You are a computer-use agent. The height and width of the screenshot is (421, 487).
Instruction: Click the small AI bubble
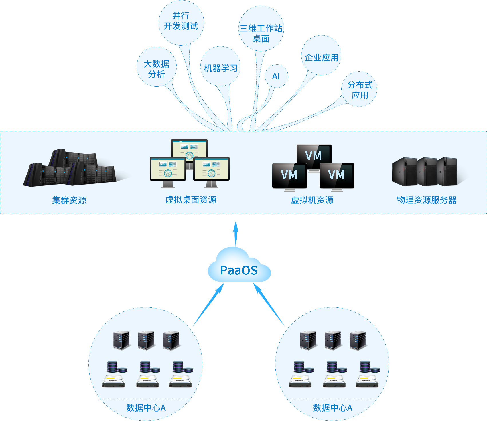276,76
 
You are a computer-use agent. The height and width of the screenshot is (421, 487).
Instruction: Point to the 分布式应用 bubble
359,89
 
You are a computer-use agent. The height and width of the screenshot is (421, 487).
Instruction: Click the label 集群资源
69,200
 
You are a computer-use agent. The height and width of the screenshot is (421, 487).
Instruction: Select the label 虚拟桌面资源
191,200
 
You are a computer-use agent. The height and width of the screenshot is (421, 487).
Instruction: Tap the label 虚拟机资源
312,200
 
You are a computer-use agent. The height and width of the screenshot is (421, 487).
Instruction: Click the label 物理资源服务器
426,200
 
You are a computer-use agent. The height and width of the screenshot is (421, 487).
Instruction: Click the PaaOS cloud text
239,270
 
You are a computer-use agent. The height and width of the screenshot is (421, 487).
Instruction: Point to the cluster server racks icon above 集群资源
70,168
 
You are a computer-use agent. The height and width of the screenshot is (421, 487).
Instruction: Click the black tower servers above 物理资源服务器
425,171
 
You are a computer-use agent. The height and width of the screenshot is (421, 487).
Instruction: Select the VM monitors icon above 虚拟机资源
313,168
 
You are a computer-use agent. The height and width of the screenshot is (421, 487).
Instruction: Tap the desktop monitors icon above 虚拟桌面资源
190,163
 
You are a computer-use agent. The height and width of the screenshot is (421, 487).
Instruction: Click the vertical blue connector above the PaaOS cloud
236,233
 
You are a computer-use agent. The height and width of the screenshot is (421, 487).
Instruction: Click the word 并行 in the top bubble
181,16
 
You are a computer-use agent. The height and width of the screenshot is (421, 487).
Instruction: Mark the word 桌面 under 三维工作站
261,39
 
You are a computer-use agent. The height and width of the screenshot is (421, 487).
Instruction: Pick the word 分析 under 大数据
156,74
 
